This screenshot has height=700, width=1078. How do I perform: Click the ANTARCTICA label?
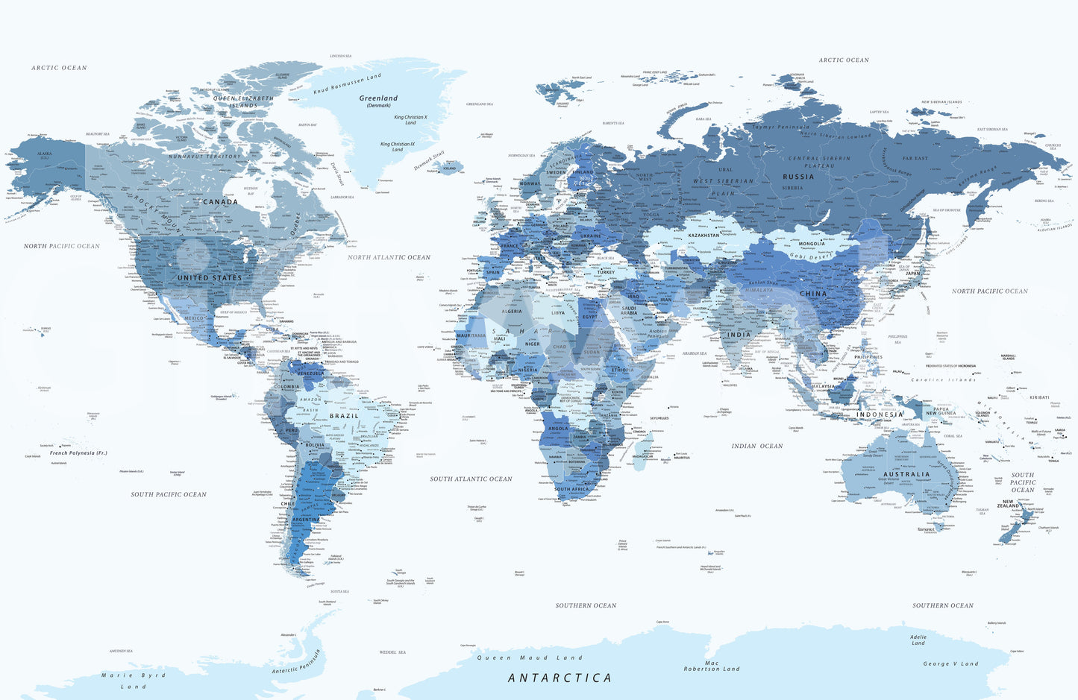click(x=560, y=678)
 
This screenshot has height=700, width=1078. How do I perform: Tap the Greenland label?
click(x=378, y=98)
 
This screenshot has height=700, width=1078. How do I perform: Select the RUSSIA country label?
click(x=798, y=177)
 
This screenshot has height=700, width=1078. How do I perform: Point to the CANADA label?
click(x=220, y=202)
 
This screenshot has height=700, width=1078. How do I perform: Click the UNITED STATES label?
click(x=210, y=278)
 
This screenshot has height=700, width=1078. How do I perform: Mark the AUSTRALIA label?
click(x=906, y=474)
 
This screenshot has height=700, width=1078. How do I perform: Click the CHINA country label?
click(x=813, y=294)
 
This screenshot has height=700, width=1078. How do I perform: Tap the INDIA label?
click(x=739, y=335)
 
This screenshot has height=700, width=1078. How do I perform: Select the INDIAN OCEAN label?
click(x=757, y=447)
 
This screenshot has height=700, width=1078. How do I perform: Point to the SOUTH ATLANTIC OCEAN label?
click(x=471, y=479)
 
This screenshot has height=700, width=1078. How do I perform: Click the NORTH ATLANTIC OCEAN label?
click(x=389, y=257)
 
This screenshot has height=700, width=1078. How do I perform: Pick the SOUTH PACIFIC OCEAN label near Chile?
click(x=169, y=494)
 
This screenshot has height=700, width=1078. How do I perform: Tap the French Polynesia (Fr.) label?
click(x=78, y=453)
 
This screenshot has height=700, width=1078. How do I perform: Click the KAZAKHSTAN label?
click(x=703, y=235)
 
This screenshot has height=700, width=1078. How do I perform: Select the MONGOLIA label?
click(x=812, y=244)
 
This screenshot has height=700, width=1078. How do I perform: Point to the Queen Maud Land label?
click(x=529, y=658)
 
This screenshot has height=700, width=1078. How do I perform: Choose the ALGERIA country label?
click(x=512, y=312)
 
